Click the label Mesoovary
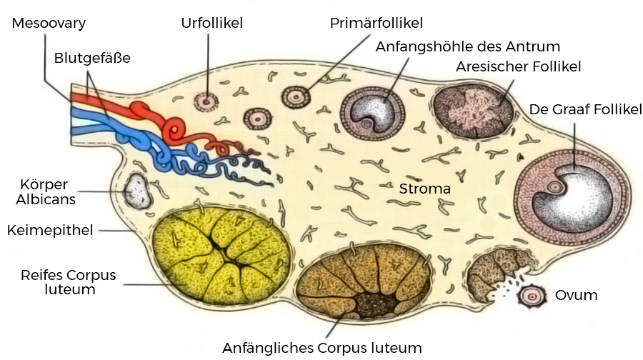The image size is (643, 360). point(49,23)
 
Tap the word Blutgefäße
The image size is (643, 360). point(92,58)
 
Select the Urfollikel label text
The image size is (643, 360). point(212,23)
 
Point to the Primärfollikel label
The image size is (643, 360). point(377,23)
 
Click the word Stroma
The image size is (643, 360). point(425,189)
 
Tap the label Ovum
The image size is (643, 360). point(576,295)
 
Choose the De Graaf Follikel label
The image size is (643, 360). point(586,109)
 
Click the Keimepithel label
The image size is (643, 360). point(50,230)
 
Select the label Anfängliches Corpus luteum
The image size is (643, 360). point(322,348)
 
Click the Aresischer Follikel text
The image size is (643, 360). point(519,66)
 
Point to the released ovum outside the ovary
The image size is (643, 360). point(532,296)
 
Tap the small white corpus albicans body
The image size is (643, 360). point(138,191)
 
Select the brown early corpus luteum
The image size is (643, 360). point(364,281)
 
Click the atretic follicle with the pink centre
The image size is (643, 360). point(474,111)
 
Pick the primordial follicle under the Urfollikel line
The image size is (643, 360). point(206,101)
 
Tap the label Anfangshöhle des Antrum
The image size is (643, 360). point(467,46)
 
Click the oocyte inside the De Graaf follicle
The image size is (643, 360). point(554,188)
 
